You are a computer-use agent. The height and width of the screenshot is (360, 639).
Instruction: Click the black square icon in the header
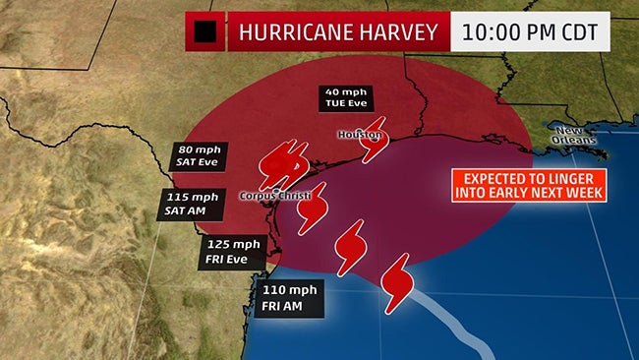coord(204,33)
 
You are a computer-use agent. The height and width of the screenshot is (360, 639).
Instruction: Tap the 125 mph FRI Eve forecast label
coord(234,250)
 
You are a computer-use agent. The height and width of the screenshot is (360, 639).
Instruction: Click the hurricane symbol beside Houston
coord(373,144)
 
